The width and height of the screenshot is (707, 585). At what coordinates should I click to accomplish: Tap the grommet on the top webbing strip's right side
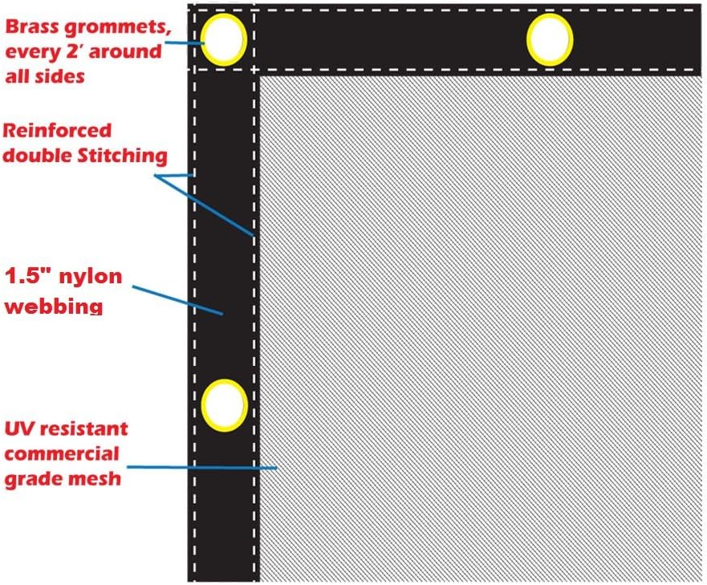pyautogui.click(x=550, y=39)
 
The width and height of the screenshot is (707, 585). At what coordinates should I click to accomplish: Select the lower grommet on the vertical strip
pyautogui.click(x=224, y=405)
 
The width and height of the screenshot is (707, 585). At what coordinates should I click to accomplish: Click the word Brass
pyautogui.click(x=32, y=27)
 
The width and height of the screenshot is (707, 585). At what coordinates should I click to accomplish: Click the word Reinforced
pyautogui.click(x=57, y=130)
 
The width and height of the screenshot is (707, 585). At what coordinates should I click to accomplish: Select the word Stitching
pyautogui.click(x=122, y=156)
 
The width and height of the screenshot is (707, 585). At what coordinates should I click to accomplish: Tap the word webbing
pyautogui.click(x=54, y=307)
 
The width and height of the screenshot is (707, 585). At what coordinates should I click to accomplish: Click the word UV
pyautogui.click(x=19, y=429)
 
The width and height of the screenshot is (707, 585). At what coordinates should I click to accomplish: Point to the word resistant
pyautogui.click(x=83, y=429)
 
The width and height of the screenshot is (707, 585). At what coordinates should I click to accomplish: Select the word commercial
pyautogui.click(x=62, y=453)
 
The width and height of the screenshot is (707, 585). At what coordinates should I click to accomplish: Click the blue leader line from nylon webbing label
pyautogui.click(x=177, y=300)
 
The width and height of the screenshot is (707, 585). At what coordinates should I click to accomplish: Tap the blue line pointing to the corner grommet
pyautogui.click(x=185, y=43)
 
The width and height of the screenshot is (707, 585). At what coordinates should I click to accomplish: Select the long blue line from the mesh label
pyautogui.click(x=201, y=467)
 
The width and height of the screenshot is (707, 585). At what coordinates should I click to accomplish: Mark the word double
pyautogui.click(x=38, y=156)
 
